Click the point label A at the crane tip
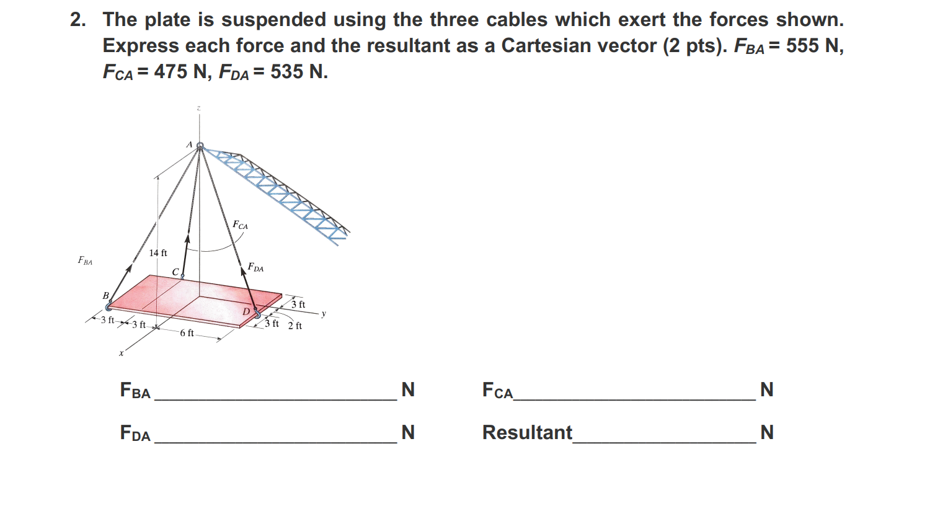[x=189, y=144]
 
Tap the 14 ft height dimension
[x=158, y=252]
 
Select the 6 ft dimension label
[x=187, y=333]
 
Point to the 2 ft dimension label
[x=295, y=326]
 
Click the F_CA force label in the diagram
[x=240, y=225]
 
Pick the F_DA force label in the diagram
[x=255, y=267]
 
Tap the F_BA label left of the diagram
[x=85, y=260]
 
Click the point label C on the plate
[x=175, y=272]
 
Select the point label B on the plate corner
[x=105, y=295]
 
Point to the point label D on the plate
[x=246, y=311]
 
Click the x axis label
[x=122, y=353]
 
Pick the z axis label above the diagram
[x=199, y=109]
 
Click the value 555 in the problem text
[x=802, y=46]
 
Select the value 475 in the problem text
[x=171, y=72]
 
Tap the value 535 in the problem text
[x=286, y=72]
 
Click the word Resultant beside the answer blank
[x=527, y=432]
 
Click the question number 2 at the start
[x=77, y=20]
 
